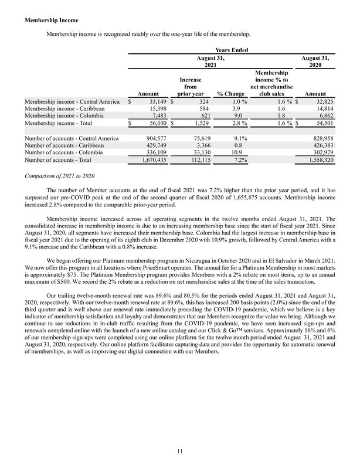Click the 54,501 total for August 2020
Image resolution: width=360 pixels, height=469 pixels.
point(321,124)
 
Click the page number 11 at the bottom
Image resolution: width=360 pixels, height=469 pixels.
point(180,451)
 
